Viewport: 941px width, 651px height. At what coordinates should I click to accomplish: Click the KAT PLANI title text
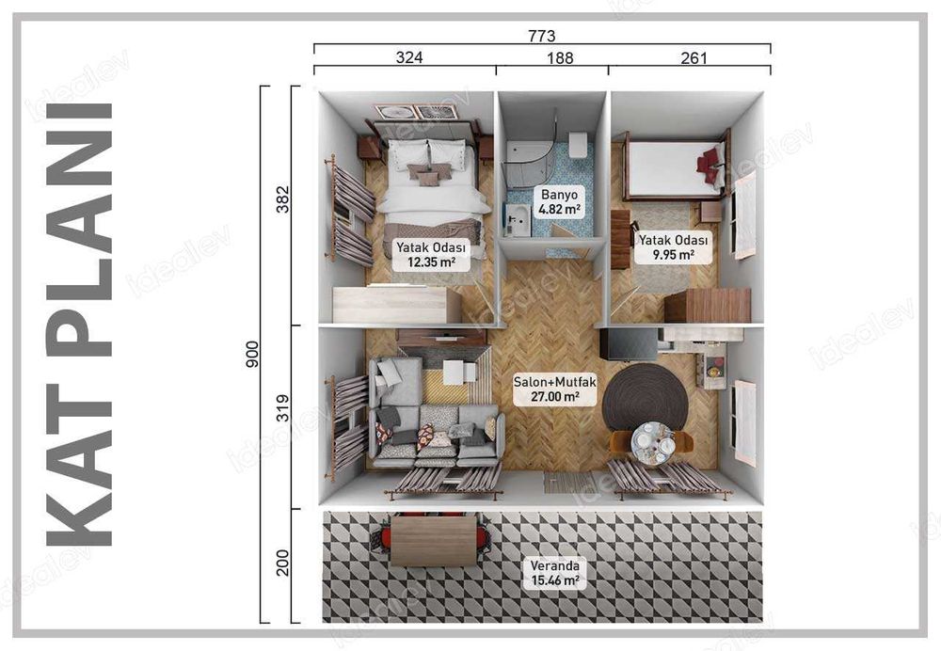tap(79, 325)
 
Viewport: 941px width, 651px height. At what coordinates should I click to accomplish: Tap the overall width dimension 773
tap(542, 36)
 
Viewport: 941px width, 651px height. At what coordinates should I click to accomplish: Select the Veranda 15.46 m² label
tap(552, 573)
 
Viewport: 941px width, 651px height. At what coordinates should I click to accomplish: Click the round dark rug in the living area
tap(645, 395)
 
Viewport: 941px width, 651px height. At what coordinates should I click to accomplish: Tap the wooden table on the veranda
tap(433, 541)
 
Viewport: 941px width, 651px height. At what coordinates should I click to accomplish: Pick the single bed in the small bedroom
tap(674, 168)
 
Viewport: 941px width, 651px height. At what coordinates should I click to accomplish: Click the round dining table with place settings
tap(653, 440)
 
